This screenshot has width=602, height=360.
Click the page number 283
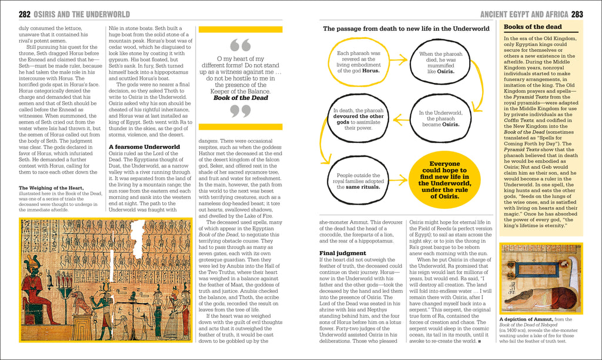(577, 14)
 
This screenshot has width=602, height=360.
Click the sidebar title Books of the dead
(533, 27)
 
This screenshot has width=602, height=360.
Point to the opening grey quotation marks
(240, 45)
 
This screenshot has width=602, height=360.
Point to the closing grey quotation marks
(240, 111)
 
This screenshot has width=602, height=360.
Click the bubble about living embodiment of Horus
(359, 61)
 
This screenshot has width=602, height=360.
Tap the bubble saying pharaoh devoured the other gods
(359, 118)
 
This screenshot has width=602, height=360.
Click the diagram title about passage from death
(406, 28)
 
